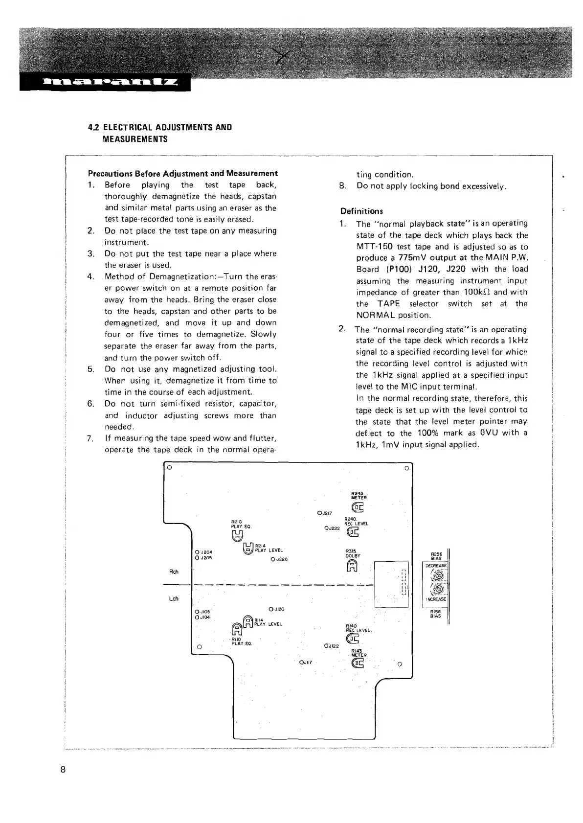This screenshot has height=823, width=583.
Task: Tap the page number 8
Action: pos(63,769)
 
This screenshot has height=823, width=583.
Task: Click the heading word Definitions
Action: pos(361,211)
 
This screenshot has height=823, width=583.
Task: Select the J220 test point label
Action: pos(281,559)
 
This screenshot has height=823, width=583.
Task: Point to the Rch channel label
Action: pos(174,572)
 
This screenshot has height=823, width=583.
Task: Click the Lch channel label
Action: pos(174,598)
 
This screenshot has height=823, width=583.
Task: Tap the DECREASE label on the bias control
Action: pos(436,566)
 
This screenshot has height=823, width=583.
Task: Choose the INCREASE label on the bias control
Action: pos(436,599)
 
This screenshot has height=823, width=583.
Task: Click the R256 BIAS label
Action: pos(436,556)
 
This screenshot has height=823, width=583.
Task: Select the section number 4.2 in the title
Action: pos(94,128)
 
